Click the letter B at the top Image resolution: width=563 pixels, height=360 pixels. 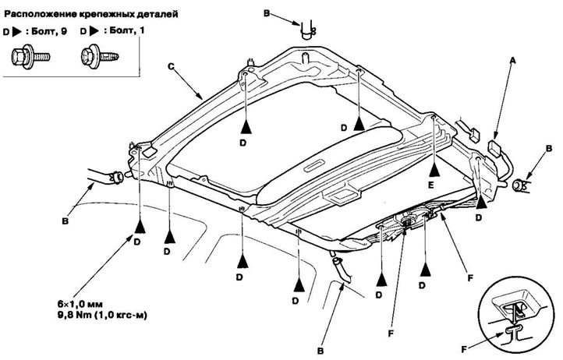pyautogui.click(x=285, y=13)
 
